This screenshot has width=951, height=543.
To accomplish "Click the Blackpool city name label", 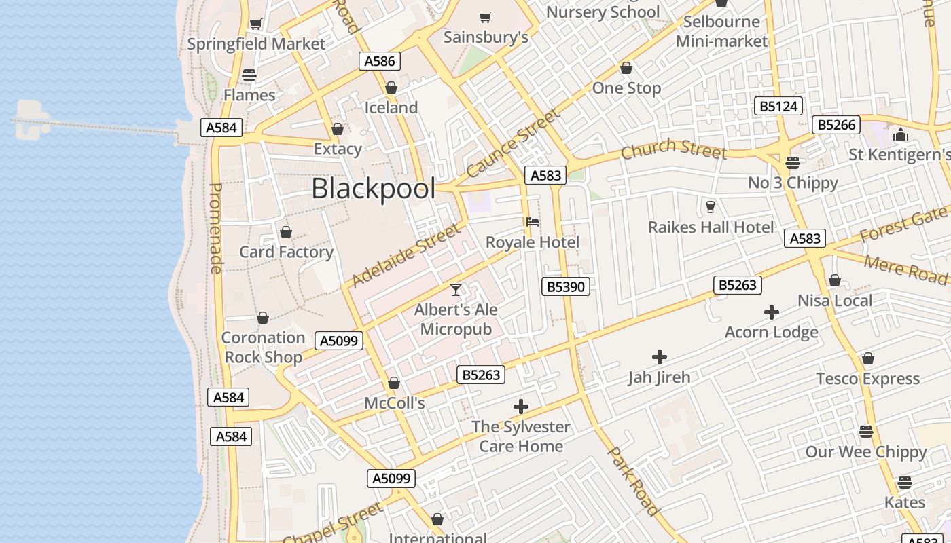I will (373, 189).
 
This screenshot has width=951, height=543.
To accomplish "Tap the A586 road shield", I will (380, 61).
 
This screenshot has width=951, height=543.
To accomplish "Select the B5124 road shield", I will (778, 107).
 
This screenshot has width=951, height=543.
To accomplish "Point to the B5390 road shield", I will (566, 286).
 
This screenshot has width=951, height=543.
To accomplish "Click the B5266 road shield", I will (836, 125).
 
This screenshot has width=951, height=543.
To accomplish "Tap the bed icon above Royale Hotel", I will (533, 222).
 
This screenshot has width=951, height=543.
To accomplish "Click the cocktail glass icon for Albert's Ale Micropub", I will (456, 290).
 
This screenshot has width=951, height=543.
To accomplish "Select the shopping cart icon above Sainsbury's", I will (485, 17).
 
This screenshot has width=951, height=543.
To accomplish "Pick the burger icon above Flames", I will (249, 75).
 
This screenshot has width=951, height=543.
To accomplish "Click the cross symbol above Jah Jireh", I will (659, 357).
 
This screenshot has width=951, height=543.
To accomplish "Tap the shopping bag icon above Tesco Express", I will (867, 358).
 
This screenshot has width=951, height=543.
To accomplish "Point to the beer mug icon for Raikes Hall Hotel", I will (711, 206).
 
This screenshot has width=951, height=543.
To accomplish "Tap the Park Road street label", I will (633, 481).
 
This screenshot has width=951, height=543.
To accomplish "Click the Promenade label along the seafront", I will (215, 228).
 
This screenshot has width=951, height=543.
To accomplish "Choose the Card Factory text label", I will (286, 252).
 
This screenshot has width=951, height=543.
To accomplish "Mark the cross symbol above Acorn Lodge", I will (771, 312).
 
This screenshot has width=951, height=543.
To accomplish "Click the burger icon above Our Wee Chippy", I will (865, 432).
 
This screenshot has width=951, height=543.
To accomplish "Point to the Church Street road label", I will (673, 148).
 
